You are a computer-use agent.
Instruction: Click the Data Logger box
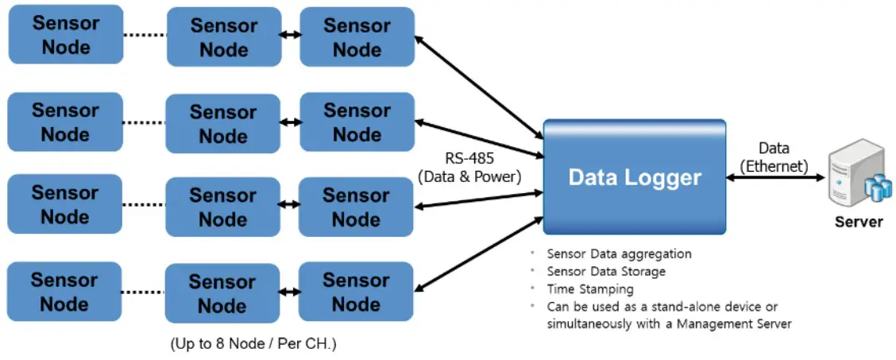coord(634,176)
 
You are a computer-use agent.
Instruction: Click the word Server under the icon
coord(858,222)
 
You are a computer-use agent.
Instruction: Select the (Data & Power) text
coord(469,177)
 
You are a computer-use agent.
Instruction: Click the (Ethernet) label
coord(774,165)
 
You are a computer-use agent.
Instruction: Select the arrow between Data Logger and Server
coord(775,177)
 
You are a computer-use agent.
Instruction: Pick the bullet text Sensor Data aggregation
coord(619,254)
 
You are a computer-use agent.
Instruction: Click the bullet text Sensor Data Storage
coord(606,272)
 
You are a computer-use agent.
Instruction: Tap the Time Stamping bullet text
coord(590,289)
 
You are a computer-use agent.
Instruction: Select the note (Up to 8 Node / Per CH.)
coord(253,345)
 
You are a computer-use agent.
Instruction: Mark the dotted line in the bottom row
coord(144,292)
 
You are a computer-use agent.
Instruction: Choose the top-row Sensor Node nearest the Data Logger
coord(357,37)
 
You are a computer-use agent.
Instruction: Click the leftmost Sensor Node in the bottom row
coord(64,292)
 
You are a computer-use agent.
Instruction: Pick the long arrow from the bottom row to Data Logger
coord(479,254)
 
